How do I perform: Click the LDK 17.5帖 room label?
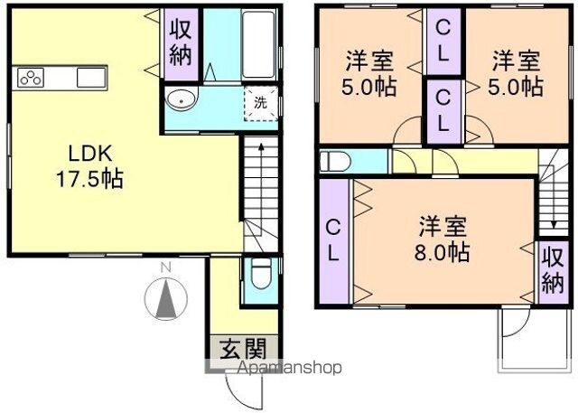tap(89, 166)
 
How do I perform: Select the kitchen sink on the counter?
tap(91, 78)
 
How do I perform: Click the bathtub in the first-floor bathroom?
tap(259, 44)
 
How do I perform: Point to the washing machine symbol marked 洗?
tap(261, 103)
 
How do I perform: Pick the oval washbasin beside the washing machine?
tap(182, 99)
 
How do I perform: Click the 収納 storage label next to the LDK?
tap(181, 44)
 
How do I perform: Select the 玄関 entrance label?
tap(243, 349)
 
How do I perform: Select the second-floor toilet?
tap(335, 162)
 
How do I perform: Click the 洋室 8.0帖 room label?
tap(443, 239)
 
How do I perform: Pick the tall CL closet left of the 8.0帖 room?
tap(333, 241)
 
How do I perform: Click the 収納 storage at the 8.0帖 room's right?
tap(553, 272)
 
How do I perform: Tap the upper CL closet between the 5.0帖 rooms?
tap(443, 42)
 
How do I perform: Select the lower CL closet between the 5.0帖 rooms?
tap(443, 111)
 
